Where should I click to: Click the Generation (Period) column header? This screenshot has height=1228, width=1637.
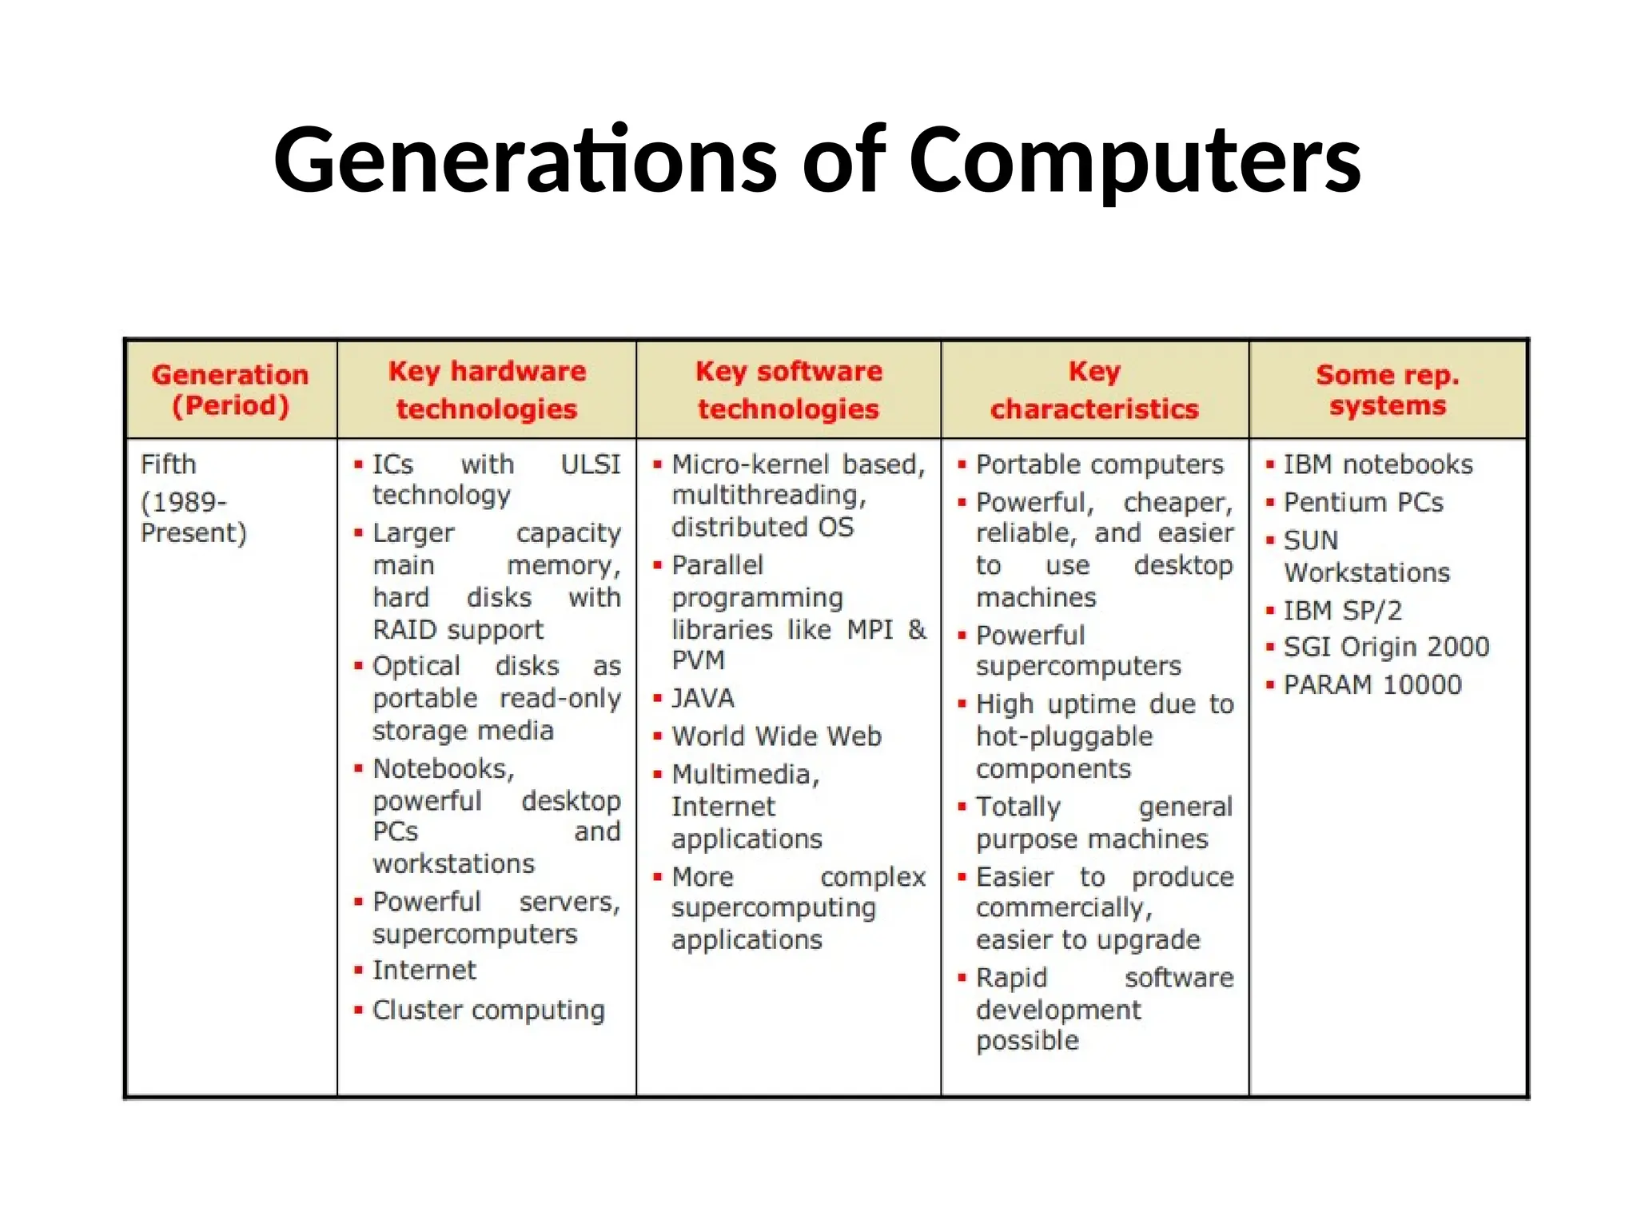pyautogui.click(x=230, y=390)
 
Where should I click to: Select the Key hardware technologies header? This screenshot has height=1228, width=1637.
pyautogui.click(x=487, y=390)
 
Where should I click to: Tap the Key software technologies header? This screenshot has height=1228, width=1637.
pyautogui.click(x=788, y=390)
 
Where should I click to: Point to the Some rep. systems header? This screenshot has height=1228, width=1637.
pyautogui.click(x=1388, y=390)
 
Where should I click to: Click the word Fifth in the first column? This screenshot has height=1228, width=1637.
pyautogui.click(x=169, y=464)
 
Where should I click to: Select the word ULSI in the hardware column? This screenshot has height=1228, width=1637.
pyautogui.click(x=590, y=464)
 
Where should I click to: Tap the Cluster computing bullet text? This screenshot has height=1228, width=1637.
pyautogui.click(x=488, y=1011)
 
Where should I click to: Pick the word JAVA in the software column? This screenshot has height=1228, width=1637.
pyautogui.click(x=703, y=699)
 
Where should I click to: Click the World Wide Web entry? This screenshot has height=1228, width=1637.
pyautogui.click(x=776, y=736)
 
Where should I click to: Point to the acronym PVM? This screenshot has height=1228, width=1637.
pyautogui.click(x=698, y=660)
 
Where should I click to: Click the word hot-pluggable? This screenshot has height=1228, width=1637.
pyautogui.click(x=1064, y=736)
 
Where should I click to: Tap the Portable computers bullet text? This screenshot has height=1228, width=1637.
pyautogui.click(x=1100, y=464)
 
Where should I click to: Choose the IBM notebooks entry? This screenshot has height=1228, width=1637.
pyautogui.click(x=1378, y=464)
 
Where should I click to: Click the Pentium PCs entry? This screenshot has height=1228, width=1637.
pyautogui.click(x=1364, y=503)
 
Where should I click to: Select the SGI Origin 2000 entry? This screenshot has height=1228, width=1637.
pyautogui.click(x=1386, y=647)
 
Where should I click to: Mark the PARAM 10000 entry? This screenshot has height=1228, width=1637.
pyautogui.click(x=1372, y=685)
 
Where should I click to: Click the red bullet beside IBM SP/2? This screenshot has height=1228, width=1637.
pyautogui.click(x=1269, y=612)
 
